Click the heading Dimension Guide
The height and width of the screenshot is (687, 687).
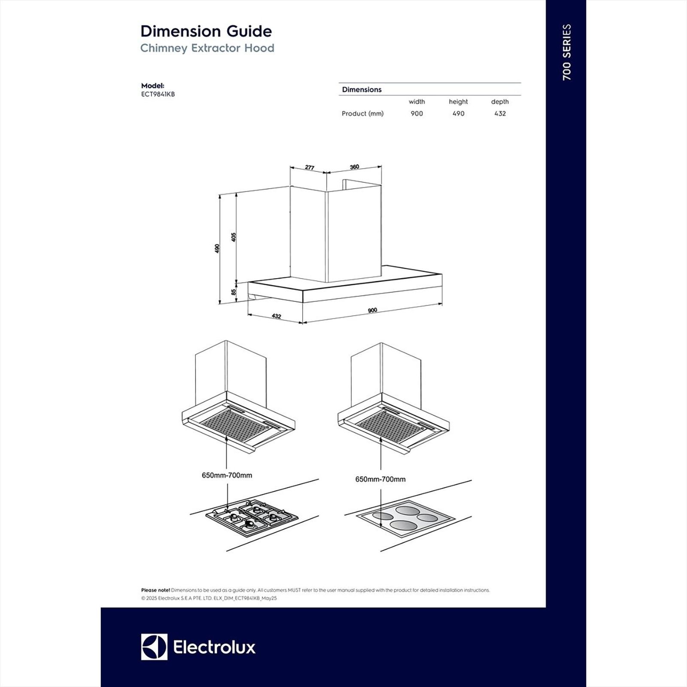point(206,31)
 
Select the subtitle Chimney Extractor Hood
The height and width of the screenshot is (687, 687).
point(207,48)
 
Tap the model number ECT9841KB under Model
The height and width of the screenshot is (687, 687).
point(158,94)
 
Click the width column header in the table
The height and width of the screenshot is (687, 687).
point(416,102)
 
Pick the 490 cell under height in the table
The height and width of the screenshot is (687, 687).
point(458,114)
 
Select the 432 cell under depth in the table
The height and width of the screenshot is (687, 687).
point(500,114)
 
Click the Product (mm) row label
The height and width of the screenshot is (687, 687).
point(362,114)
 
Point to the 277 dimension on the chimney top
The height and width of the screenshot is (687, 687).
point(310,167)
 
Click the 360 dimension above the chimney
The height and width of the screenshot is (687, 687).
point(354,167)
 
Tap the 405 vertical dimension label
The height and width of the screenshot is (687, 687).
point(234,237)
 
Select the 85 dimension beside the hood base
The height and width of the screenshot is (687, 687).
point(234,292)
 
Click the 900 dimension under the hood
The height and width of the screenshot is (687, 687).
point(372,310)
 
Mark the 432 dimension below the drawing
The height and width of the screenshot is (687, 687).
point(277,316)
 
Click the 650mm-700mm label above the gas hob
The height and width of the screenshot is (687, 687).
point(227,475)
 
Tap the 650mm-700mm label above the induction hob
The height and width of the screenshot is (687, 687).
point(380,479)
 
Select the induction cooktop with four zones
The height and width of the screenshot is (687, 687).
point(405,517)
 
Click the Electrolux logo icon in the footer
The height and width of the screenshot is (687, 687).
point(154,647)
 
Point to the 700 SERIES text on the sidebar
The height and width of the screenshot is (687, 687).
point(567,52)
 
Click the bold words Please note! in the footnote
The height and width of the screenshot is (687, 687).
point(155,590)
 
